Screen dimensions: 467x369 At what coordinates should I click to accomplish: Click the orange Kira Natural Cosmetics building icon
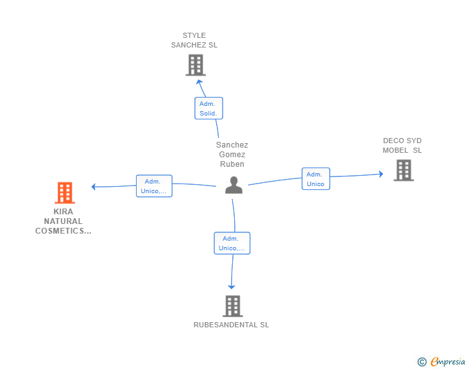(65, 193)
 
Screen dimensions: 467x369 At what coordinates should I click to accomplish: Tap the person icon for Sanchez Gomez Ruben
(234, 185)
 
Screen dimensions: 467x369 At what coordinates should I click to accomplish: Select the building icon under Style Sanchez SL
(196, 65)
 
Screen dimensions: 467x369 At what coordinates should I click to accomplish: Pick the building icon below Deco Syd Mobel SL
(403, 170)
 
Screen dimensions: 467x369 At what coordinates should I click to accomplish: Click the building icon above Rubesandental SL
(233, 306)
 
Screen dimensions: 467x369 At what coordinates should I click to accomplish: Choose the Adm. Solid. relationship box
(208, 108)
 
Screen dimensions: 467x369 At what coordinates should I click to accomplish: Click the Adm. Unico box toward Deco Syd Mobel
(316, 179)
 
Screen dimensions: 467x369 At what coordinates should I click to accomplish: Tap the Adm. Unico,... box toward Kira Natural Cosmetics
(154, 186)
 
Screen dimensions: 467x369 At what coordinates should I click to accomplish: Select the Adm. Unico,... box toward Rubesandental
(232, 243)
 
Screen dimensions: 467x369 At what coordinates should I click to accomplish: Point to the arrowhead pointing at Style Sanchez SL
(199, 82)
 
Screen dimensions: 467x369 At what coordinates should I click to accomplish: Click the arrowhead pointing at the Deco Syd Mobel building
(381, 174)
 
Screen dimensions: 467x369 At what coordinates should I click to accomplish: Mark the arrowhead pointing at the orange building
(94, 187)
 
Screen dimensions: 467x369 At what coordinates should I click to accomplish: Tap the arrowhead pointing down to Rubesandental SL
(232, 287)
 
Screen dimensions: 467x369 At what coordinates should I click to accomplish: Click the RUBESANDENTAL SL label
(232, 325)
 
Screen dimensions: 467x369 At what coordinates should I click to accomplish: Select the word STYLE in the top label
(194, 35)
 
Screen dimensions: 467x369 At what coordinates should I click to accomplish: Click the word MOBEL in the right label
(396, 150)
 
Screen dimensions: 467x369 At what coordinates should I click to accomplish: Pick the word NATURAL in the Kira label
(63, 221)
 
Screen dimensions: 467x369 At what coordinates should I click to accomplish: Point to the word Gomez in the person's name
(232, 155)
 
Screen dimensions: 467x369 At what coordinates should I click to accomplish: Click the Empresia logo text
(448, 362)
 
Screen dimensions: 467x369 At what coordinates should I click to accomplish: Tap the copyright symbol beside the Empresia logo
(422, 362)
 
